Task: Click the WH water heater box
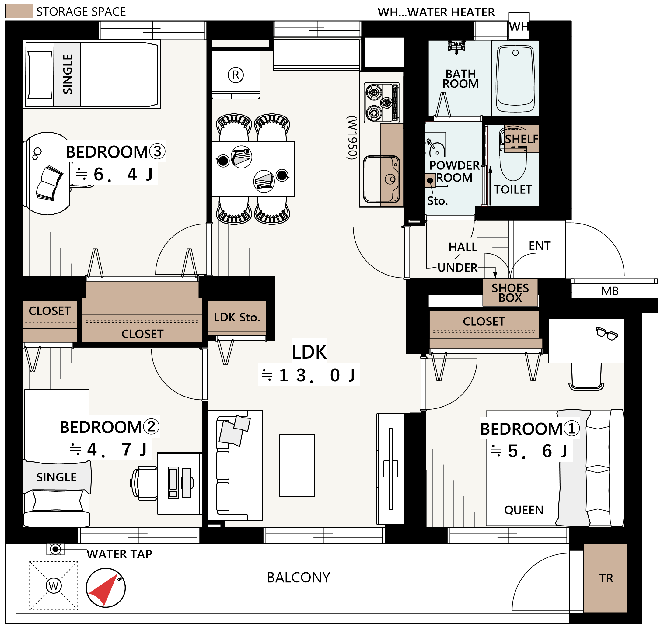tap(519, 26)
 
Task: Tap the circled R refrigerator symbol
tap(236, 75)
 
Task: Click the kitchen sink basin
tap(381, 179)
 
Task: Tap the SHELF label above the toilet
tap(522, 139)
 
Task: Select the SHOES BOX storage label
tap(510, 293)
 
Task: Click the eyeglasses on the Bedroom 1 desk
tap(607, 333)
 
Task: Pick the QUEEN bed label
tap(524, 510)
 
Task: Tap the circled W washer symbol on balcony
tap(54, 586)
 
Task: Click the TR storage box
tap(605, 578)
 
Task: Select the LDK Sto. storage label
tap(237, 317)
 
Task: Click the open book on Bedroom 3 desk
tap(50, 183)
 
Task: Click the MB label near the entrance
tap(610, 291)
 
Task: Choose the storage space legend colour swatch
tap(19, 11)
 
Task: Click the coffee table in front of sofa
tap(297, 465)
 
